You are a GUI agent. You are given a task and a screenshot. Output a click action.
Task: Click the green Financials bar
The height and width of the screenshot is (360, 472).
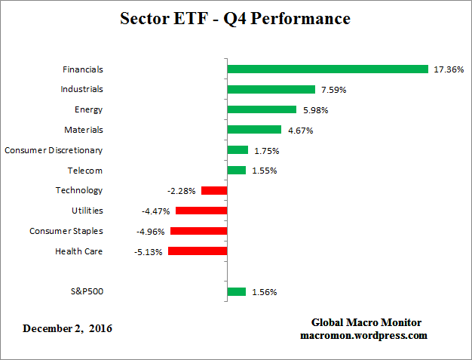327,69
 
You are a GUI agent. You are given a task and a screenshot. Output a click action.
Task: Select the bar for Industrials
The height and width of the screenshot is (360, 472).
271,89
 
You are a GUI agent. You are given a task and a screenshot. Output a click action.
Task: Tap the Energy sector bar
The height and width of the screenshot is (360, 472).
262,109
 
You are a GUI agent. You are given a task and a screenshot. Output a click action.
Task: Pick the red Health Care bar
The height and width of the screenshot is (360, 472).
198,251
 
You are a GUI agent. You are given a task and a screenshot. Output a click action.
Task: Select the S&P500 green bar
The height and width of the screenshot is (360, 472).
236,291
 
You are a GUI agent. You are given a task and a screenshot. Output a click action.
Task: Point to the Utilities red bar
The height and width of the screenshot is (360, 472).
201,211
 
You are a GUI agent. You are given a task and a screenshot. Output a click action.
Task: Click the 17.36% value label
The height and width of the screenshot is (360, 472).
448,69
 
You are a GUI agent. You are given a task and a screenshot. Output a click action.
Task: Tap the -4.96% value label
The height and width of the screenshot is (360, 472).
152,231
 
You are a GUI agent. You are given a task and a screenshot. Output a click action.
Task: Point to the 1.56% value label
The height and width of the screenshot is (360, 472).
264,291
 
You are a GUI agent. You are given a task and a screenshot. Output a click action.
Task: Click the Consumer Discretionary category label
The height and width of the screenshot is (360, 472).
54,150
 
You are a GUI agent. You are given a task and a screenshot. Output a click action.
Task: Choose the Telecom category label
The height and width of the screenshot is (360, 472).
84,171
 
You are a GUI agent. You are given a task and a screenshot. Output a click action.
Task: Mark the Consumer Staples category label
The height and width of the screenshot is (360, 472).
66,231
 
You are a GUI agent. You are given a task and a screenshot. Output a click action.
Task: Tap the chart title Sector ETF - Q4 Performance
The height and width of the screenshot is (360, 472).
235,18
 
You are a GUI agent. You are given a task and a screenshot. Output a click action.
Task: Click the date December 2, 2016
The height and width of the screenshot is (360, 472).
68,328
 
